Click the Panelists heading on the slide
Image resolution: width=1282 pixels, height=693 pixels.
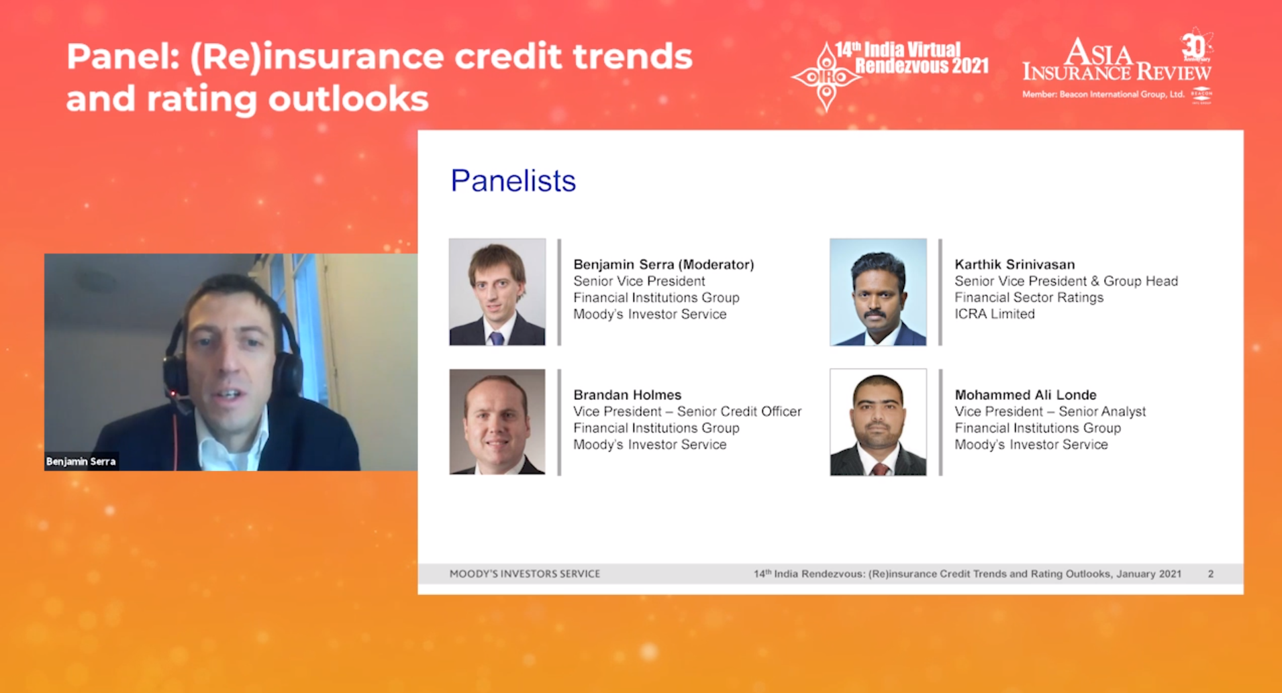(513, 180)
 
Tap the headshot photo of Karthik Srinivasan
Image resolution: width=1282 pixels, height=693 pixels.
(878, 292)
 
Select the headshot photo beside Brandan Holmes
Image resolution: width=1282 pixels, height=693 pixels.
(497, 422)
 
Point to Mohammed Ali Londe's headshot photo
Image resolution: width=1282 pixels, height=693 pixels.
(878, 422)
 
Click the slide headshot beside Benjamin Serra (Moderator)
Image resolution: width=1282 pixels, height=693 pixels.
(497, 292)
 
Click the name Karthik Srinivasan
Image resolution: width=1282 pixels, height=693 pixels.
(1015, 264)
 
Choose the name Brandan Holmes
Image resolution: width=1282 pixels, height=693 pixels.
(627, 394)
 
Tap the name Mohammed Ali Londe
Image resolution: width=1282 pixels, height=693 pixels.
(1026, 394)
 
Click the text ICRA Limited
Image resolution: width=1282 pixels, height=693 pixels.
(995, 314)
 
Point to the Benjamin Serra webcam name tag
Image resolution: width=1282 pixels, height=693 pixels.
(81, 461)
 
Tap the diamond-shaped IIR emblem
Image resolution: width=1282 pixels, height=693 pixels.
(826, 76)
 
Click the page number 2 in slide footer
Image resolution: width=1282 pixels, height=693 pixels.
(1211, 574)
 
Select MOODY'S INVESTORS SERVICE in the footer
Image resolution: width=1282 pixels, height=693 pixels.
(525, 574)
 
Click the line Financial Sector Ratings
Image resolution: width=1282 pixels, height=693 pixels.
(1029, 297)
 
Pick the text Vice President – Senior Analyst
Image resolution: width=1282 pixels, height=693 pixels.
(1050, 411)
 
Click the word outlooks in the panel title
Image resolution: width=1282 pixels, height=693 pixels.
(348, 99)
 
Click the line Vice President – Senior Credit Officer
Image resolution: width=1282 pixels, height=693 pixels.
(687, 411)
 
